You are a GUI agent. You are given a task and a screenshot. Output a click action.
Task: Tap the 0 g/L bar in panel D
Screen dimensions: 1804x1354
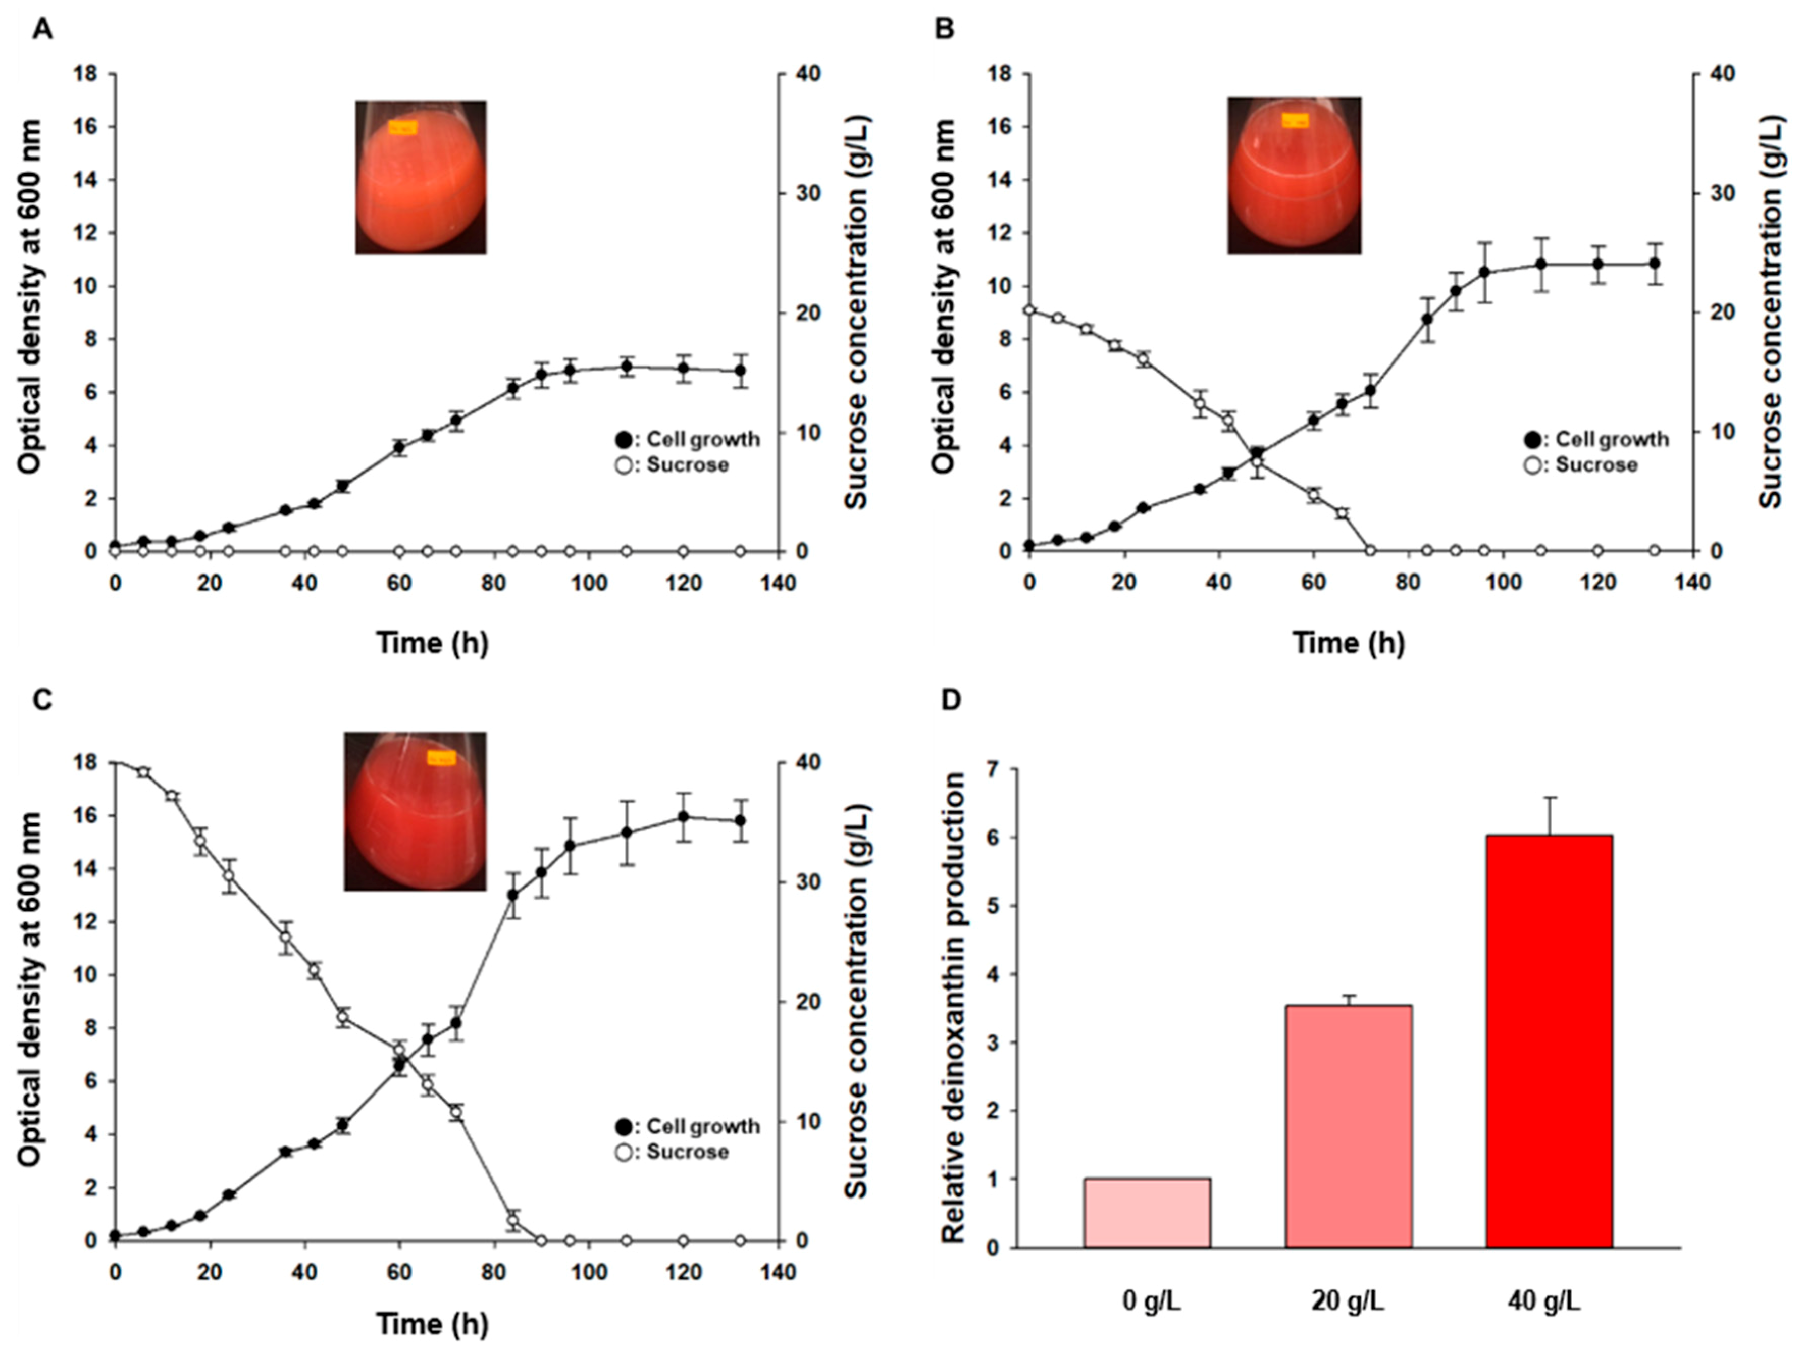(1148, 1213)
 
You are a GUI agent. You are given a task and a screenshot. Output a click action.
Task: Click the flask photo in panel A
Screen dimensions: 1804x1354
(421, 177)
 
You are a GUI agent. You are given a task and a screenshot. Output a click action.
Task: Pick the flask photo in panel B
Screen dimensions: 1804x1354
(1294, 175)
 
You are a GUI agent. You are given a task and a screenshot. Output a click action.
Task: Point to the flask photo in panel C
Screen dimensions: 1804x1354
(415, 811)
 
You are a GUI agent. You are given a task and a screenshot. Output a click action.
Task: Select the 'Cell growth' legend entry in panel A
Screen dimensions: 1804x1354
(688, 440)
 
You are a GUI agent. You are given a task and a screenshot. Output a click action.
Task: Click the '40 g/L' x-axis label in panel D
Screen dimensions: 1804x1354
(1544, 1302)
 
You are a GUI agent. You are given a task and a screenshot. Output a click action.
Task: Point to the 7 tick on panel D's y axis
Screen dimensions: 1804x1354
(1002, 769)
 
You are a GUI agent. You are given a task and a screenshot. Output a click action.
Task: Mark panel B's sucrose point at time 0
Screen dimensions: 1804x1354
(1029, 310)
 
